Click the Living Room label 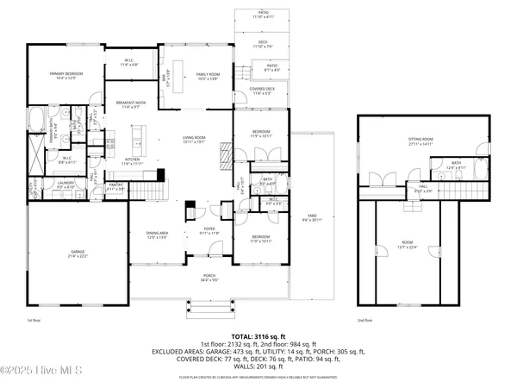pos(193,140)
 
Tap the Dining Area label pos(156,235)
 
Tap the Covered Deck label pos(262,91)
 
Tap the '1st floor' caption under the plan pos(34,320)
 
